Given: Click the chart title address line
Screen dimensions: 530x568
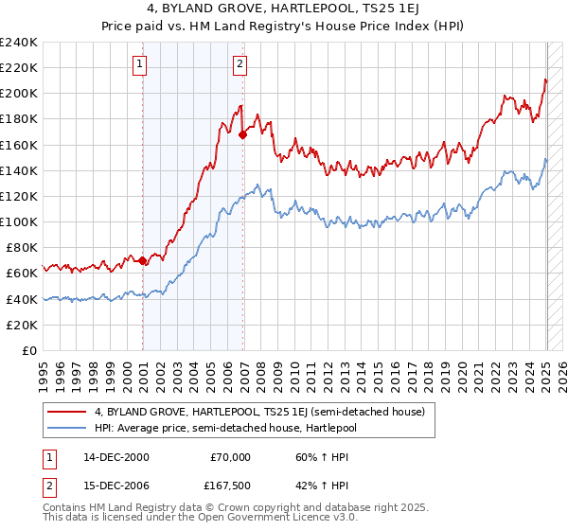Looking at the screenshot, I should tap(284, 9).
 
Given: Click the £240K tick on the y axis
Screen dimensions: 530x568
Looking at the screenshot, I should tap(20, 43).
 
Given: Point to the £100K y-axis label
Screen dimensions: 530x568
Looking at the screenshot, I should tap(20, 221).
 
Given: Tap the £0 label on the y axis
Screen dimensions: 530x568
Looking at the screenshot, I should tap(30, 350).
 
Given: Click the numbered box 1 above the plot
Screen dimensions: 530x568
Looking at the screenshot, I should tap(139, 64).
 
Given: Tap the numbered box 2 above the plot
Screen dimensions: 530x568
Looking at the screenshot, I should tap(240, 64).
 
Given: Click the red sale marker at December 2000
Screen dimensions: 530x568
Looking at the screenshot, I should tap(143, 260).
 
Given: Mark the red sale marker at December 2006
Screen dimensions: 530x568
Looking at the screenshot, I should tap(243, 135).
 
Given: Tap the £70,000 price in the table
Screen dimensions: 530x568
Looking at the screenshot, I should tap(230, 457).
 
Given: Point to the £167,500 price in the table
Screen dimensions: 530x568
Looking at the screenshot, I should tap(227, 486).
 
